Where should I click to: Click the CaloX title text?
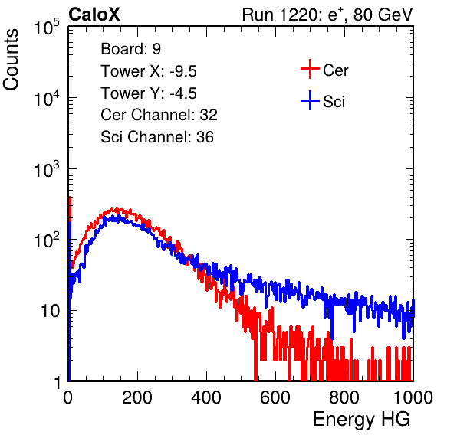coord(94,15)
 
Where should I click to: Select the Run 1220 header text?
coord(327,15)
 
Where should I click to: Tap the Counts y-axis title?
coord(11,60)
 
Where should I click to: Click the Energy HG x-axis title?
coord(361,420)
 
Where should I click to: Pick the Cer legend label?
coord(335,70)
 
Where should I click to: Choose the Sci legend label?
coord(334,102)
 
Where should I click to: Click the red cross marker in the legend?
coord(310,69)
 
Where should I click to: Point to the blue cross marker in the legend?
coord(310,100)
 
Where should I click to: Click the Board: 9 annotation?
coord(131,49)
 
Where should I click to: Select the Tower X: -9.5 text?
coord(149,71)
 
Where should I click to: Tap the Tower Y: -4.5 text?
coord(149,93)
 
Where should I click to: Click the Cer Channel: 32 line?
coord(159,115)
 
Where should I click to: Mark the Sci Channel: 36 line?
coord(157,137)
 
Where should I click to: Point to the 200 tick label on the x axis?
coord(137,397)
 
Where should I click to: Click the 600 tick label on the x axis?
coord(275,397)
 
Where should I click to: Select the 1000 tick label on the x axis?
coord(413,397)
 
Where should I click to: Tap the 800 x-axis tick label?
coord(344,397)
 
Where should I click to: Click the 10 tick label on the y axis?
coord(51,311)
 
